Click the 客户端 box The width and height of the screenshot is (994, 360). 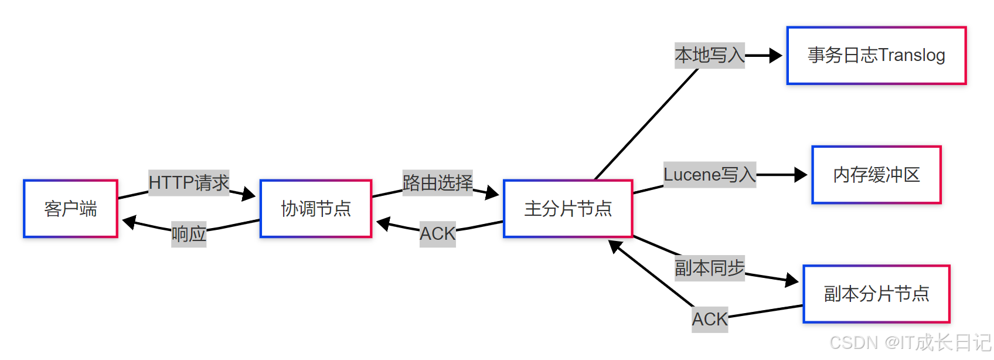(70, 209)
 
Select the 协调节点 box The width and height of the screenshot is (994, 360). (316, 209)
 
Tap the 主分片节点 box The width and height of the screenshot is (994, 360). (568, 209)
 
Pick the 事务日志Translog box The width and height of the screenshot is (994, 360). (876, 56)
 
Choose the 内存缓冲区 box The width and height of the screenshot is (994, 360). (876, 175)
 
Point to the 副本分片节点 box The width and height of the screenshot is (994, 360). (876, 294)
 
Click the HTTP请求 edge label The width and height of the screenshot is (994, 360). (189, 183)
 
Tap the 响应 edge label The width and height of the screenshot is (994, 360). (189, 235)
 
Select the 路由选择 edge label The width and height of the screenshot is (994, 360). (437, 183)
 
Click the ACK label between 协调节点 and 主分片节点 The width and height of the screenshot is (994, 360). (437, 234)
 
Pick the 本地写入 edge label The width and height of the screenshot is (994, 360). (709, 56)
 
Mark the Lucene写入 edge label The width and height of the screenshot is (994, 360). (709, 175)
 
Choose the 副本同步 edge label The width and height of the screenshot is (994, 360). (709, 268)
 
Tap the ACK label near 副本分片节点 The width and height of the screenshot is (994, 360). (709, 320)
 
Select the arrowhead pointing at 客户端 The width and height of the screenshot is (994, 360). (129, 222)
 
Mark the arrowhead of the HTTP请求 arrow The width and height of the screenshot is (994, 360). (249, 194)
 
